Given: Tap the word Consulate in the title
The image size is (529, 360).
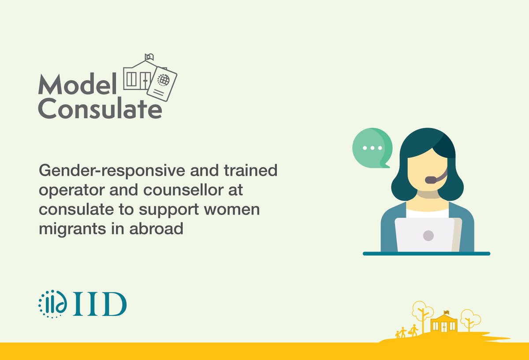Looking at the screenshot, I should click(100, 109).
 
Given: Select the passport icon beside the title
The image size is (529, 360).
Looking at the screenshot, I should click(161, 85).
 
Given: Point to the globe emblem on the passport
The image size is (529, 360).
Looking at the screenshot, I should click(164, 80).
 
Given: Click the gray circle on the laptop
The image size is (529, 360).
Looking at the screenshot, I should click(428, 235).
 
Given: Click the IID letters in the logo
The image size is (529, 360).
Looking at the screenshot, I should click(100, 304).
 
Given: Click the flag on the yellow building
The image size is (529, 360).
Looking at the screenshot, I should click(446, 312).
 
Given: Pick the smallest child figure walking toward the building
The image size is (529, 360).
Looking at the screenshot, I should click(397, 334).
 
